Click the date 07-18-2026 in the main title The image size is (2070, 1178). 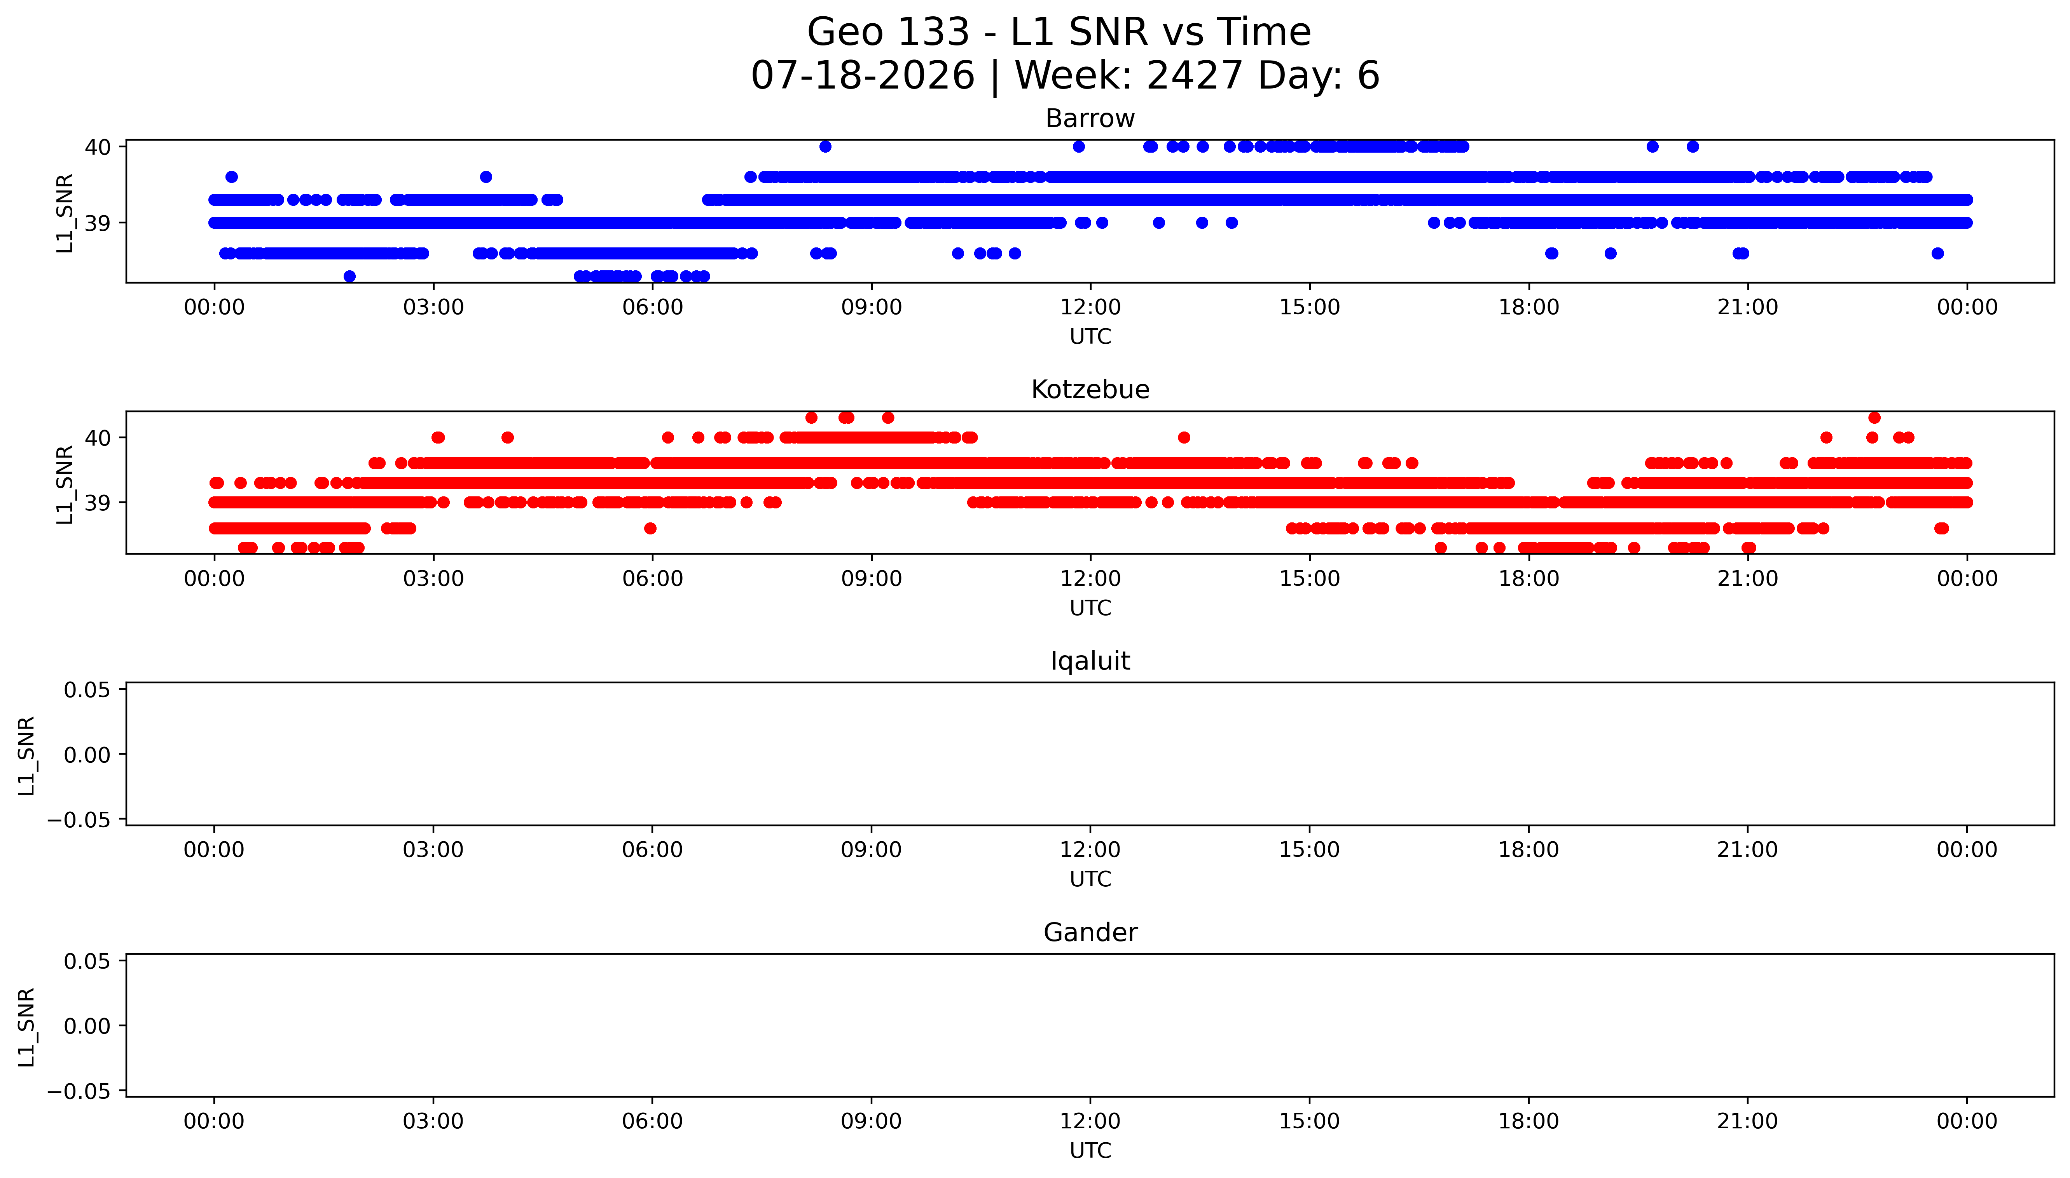tap(863, 75)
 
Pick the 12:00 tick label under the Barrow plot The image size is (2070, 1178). tap(1090, 308)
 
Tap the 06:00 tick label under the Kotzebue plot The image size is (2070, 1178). tap(653, 578)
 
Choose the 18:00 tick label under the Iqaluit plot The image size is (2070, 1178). tap(1528, 849)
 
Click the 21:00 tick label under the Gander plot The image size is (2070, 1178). tap(1748, 1121)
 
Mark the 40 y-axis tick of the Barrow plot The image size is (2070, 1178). tap(98, 146)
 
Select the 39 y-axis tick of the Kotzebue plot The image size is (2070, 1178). tap(98, 503)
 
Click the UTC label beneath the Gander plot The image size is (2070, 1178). tap(1090, 1150)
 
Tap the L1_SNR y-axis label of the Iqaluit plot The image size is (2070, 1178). tap(27, 755)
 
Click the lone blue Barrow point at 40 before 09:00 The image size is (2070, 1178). tap(825, 146)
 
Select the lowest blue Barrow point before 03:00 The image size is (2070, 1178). tap(350, 276)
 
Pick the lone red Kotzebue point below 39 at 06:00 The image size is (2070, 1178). tap(650, 528)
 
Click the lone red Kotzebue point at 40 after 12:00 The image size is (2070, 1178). tap(1184, 438)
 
